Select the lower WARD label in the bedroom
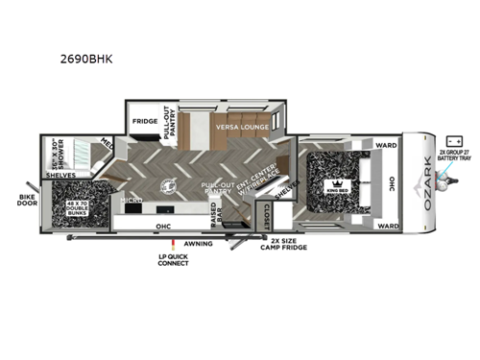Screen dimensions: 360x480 (x=387, y=227)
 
